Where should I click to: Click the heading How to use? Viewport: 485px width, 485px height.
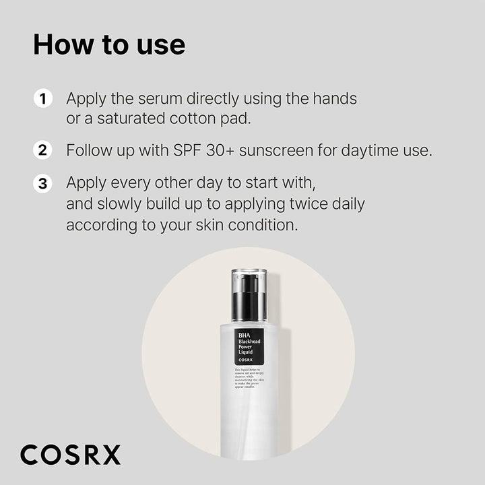[109, 44]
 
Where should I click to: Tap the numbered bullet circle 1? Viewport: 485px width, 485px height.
[42, 99]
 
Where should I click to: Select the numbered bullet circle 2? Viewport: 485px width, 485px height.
[42, 150]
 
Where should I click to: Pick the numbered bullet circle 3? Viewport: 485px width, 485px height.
[42, 183]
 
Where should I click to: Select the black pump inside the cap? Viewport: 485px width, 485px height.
[249, 300]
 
